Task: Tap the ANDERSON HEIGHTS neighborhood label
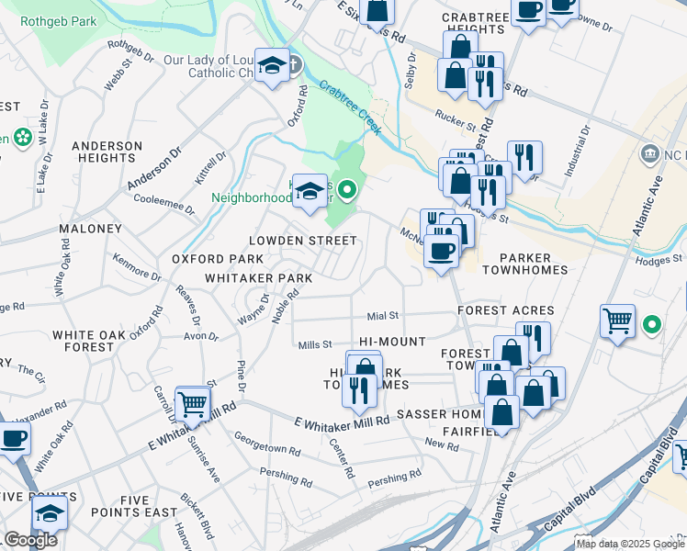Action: (x=107, y=152)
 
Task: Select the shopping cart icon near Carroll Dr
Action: (x=192, y=403)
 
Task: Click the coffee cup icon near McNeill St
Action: (x=442, y=251)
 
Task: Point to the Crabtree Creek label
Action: (x=350, y=107)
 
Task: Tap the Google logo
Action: (x=30, y=540)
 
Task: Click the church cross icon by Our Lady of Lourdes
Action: (x=293, y=65)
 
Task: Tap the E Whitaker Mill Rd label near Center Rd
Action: (x=343, y=420)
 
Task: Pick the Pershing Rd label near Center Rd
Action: (x=394, y=479)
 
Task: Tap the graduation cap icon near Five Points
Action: (x=50, y=513)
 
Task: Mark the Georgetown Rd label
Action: (x=266, y=445)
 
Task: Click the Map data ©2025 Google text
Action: (x=630, y=544)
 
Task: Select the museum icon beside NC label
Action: (x=651, y=152)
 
